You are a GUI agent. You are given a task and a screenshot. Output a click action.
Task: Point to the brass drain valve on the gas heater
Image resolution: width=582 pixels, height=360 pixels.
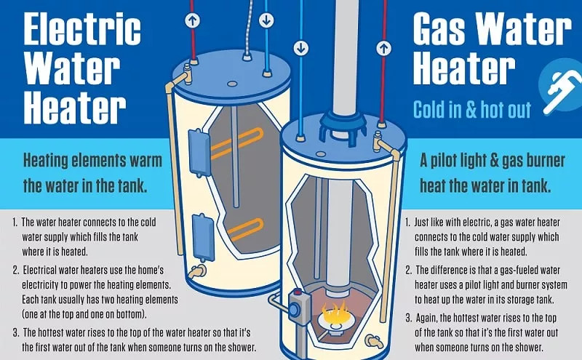373,340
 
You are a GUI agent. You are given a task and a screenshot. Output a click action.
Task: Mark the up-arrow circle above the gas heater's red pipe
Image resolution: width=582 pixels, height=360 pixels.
381,49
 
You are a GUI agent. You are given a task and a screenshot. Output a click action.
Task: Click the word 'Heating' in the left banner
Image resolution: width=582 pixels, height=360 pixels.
52,160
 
